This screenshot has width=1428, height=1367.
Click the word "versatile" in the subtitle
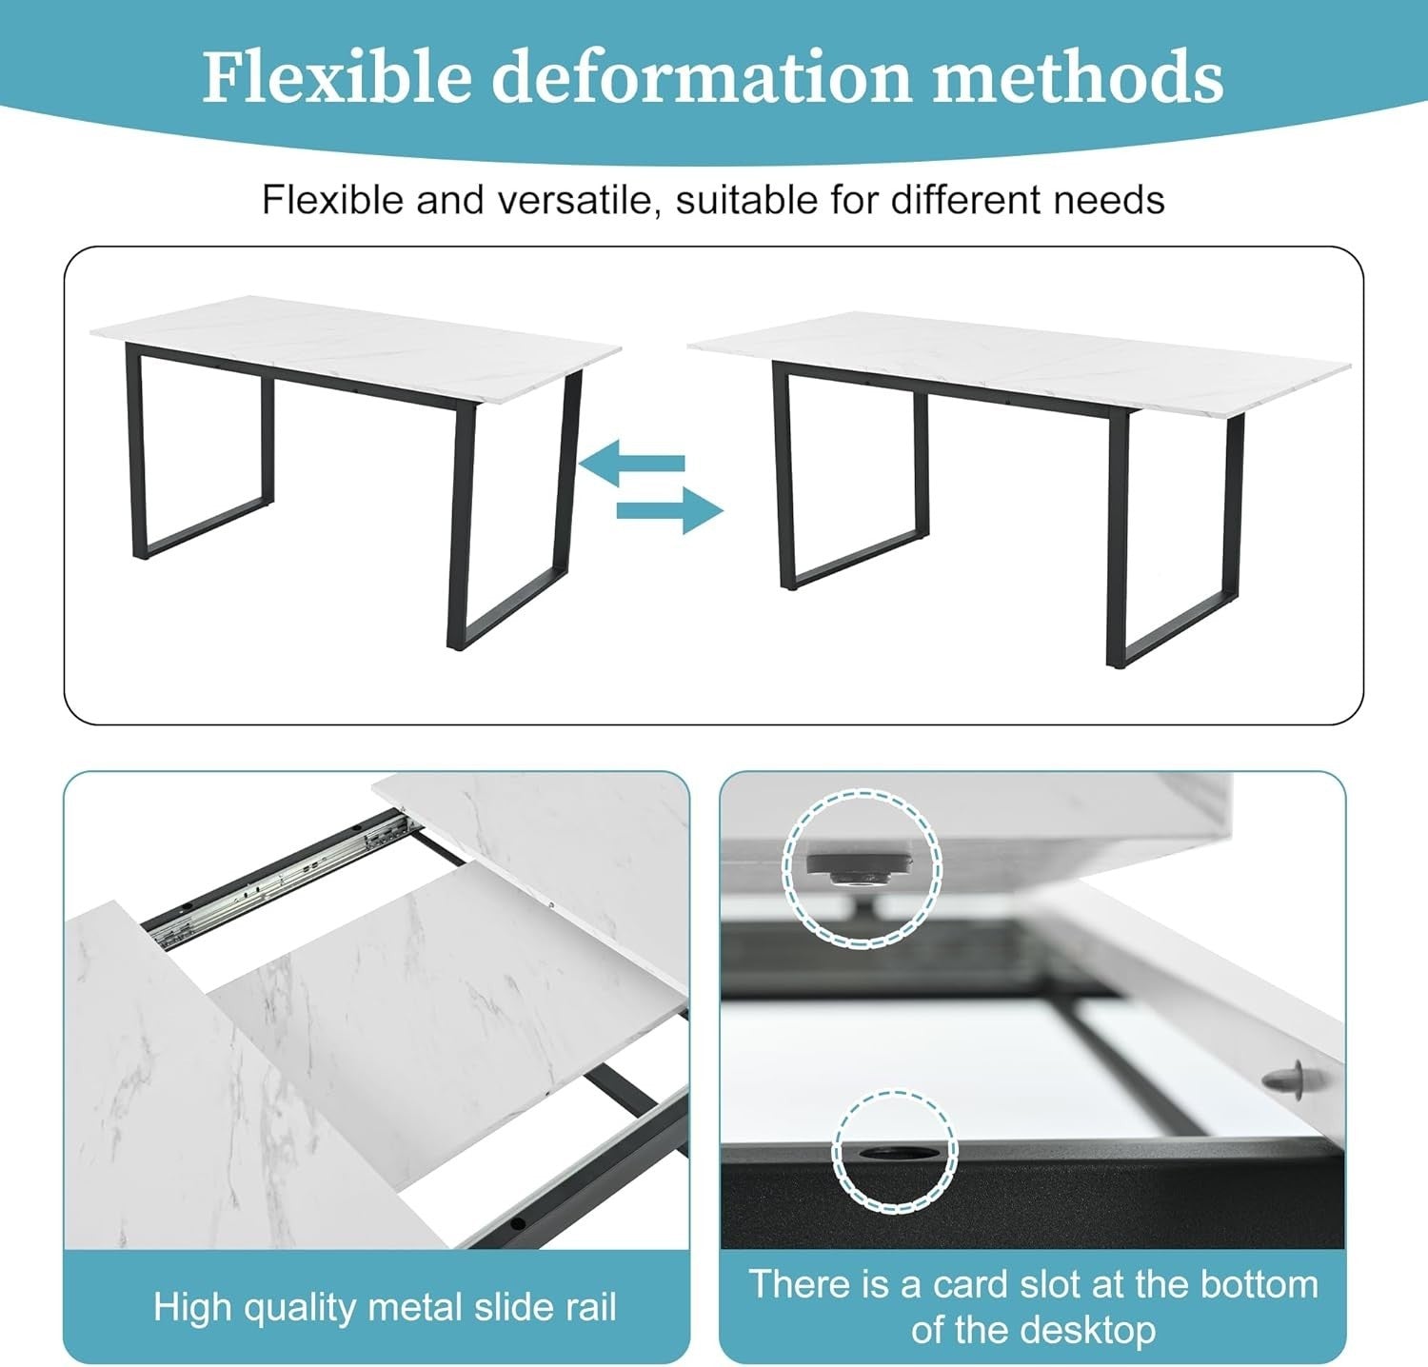pos(576,200)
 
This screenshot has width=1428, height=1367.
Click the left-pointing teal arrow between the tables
pos(633,464)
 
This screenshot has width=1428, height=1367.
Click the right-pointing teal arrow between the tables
pos(669,511)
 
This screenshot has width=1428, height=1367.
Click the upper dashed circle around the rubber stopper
pos(783,867)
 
